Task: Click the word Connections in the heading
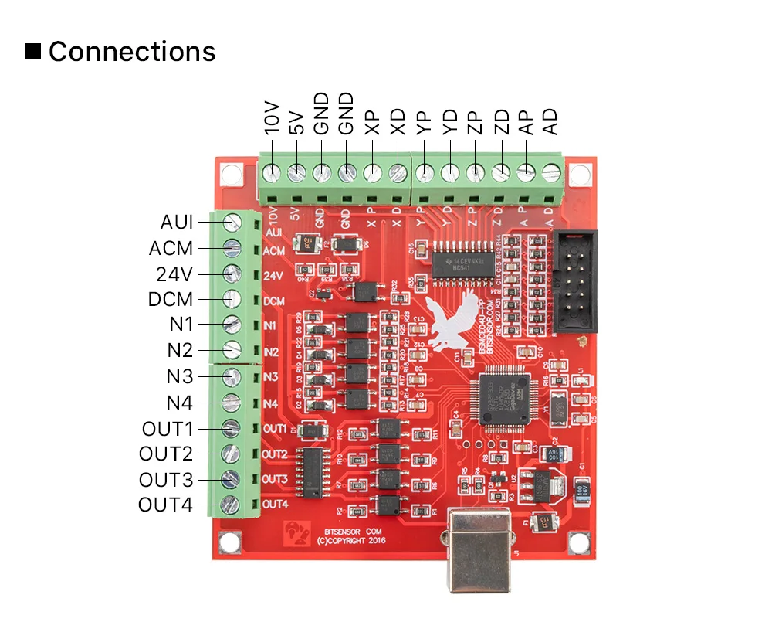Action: point(132,52)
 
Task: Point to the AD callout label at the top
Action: point(550,121)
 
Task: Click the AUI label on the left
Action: point(177,222)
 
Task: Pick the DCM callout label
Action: point(171,300)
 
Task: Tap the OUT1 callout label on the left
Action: point(168,429)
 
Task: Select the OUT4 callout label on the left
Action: point(166,505)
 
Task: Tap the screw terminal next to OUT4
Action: point(229,505)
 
